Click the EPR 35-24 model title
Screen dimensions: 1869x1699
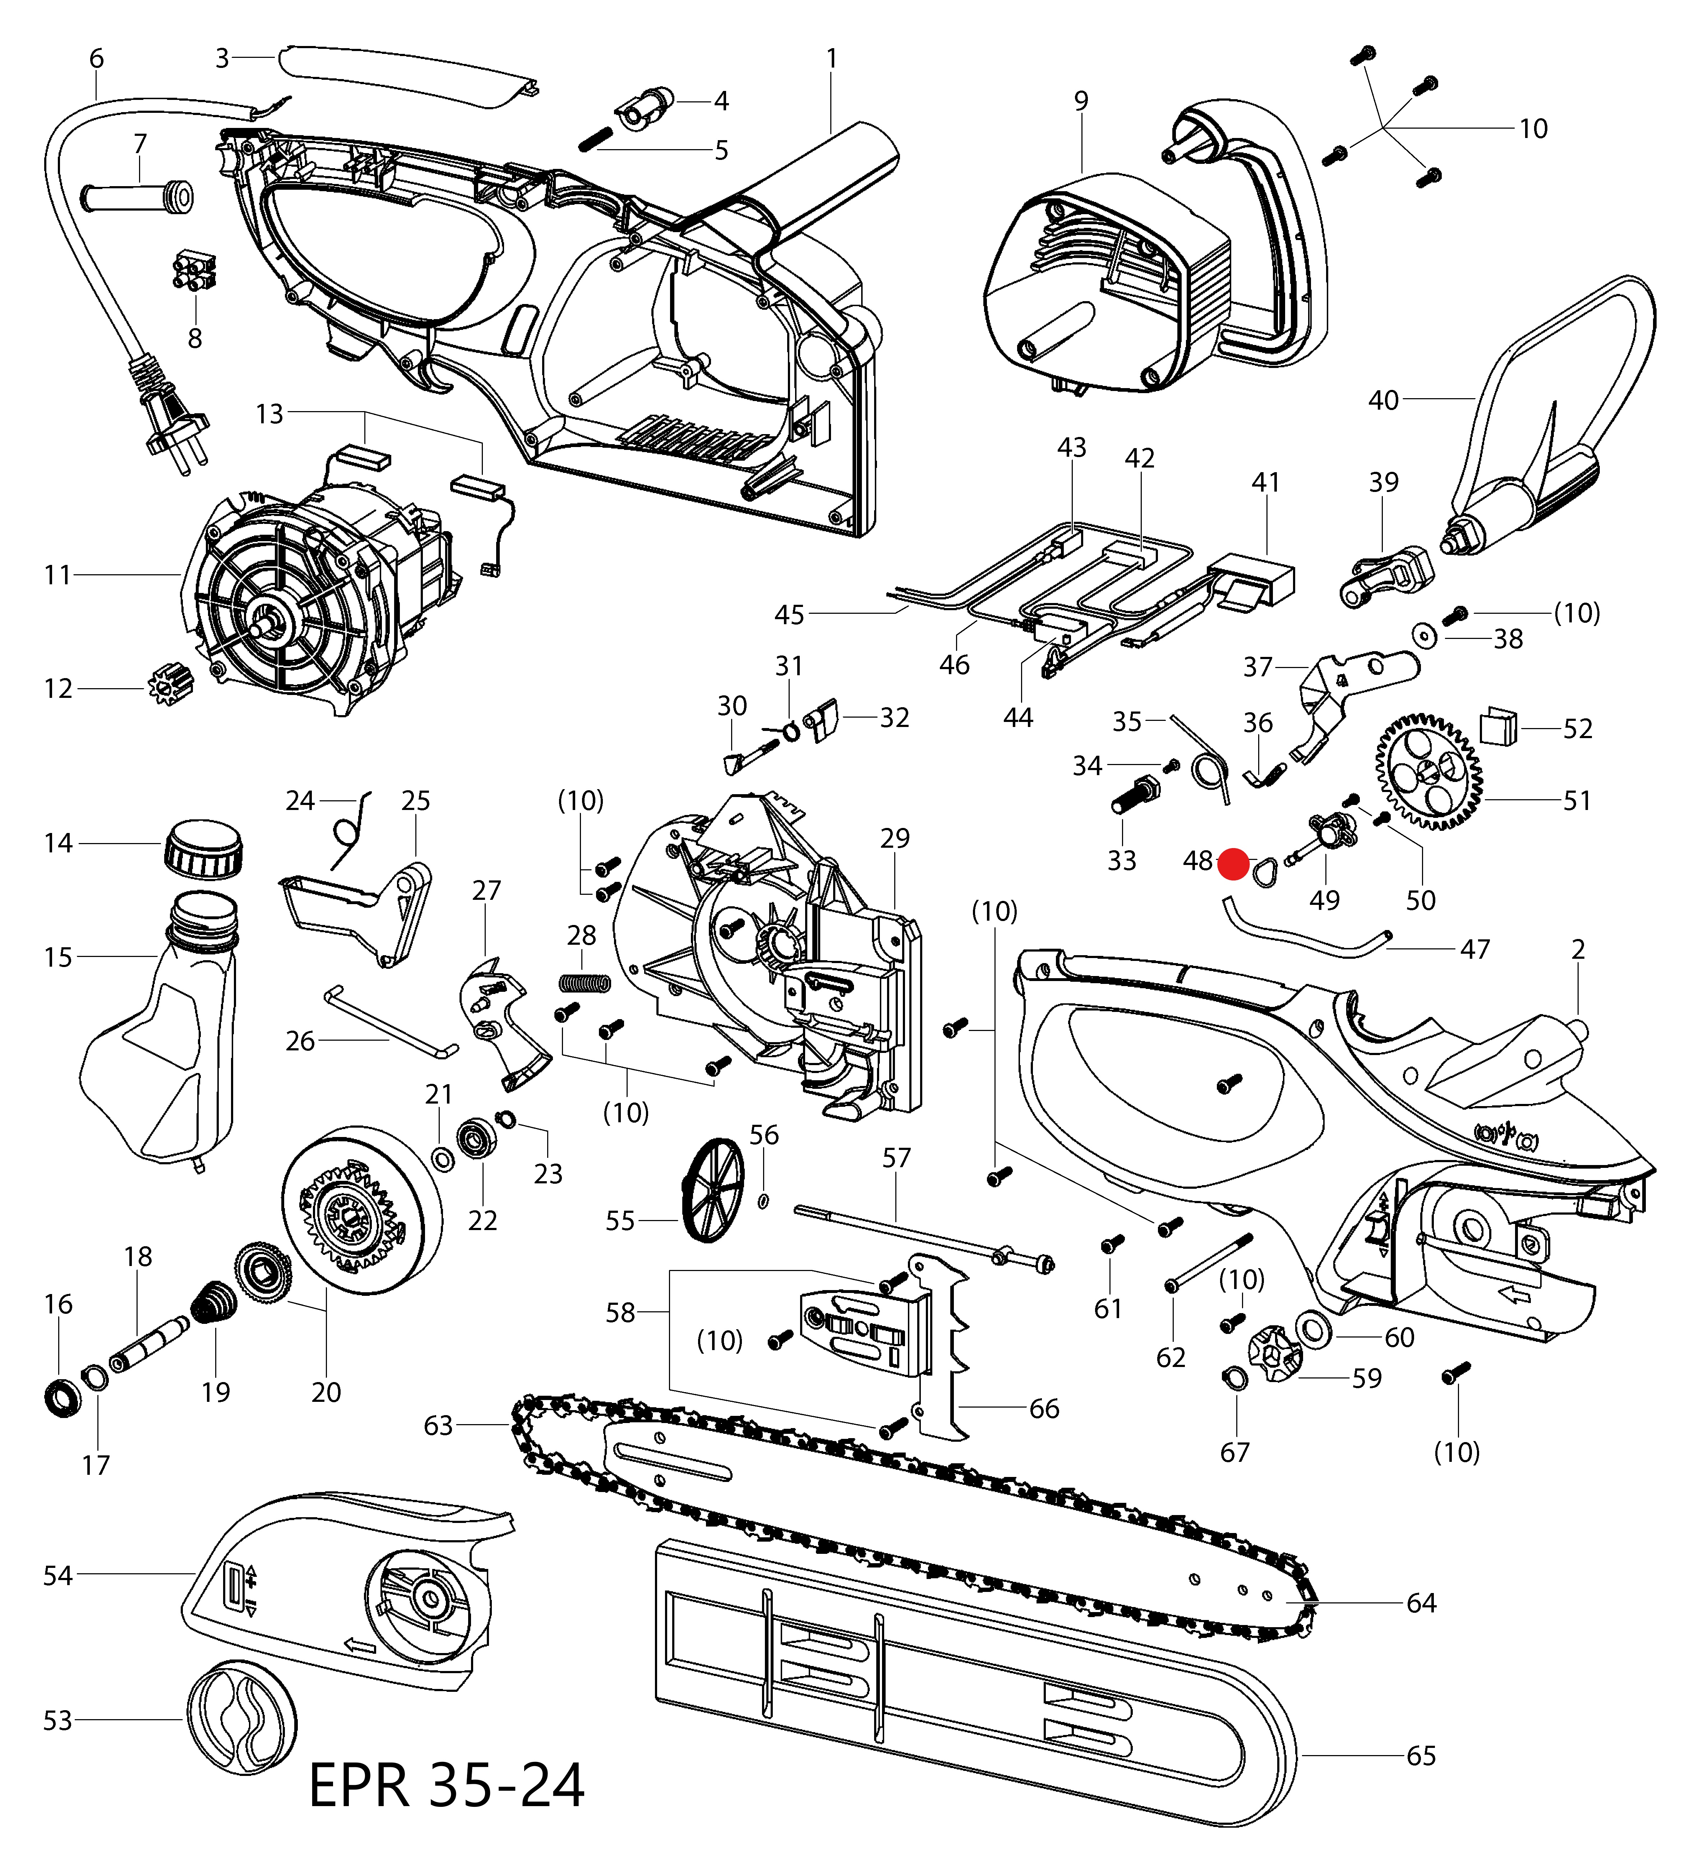pyautogui.click(x=446, y=1785)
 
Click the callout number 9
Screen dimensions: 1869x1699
pyautogui.click(x=1081, y=100)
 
